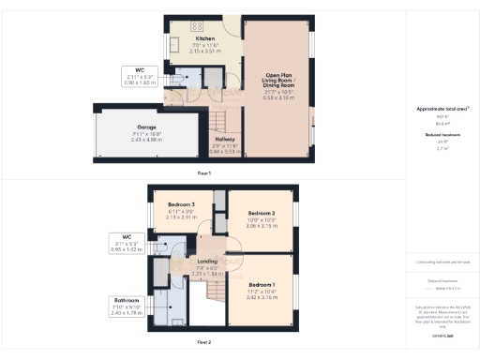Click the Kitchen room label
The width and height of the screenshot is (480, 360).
[x=179, y=38]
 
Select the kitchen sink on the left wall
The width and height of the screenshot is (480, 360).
[x=173, y=44]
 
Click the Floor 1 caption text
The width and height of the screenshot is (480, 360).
[x=204, y=173]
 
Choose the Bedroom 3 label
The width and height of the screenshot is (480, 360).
[x=181, y=204]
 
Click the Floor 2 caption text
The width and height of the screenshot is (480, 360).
[x=204, y=343]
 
